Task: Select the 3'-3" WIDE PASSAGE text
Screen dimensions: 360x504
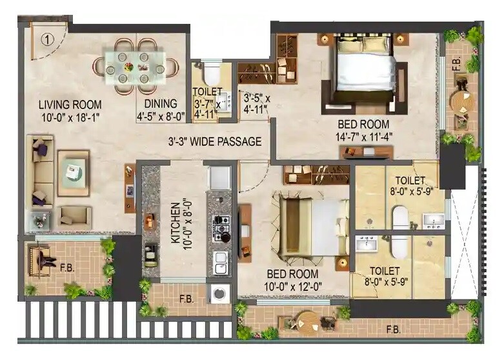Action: tap(215, 141)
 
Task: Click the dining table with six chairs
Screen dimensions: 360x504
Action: tap(136, 65)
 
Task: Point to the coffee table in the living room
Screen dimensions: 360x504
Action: tap(73, 172)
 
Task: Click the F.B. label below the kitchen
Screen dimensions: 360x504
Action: tap(186, 299)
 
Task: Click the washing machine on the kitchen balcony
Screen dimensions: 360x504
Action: tap(219, 294)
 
